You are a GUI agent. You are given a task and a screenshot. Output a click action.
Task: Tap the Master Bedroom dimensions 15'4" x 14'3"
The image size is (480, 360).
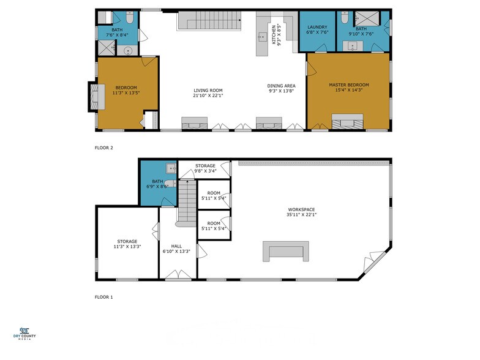[348, 91]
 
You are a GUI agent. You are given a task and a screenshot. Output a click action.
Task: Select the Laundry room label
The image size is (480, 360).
[317, 27]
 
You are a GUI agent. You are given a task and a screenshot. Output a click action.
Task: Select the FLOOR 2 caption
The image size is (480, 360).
[104, 148]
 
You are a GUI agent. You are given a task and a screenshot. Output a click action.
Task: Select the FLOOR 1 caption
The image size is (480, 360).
[104, 297]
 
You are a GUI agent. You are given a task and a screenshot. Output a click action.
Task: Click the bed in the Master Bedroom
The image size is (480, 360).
[347, 121]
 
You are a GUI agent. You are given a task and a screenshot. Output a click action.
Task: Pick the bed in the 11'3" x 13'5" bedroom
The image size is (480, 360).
[92, 97]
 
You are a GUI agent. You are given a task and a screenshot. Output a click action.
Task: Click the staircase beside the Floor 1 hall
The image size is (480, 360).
[186, 203]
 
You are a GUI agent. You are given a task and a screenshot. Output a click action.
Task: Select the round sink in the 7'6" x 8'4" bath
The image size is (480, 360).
[129, 51]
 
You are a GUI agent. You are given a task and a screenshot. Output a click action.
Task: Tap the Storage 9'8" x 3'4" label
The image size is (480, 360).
[205, 168]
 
